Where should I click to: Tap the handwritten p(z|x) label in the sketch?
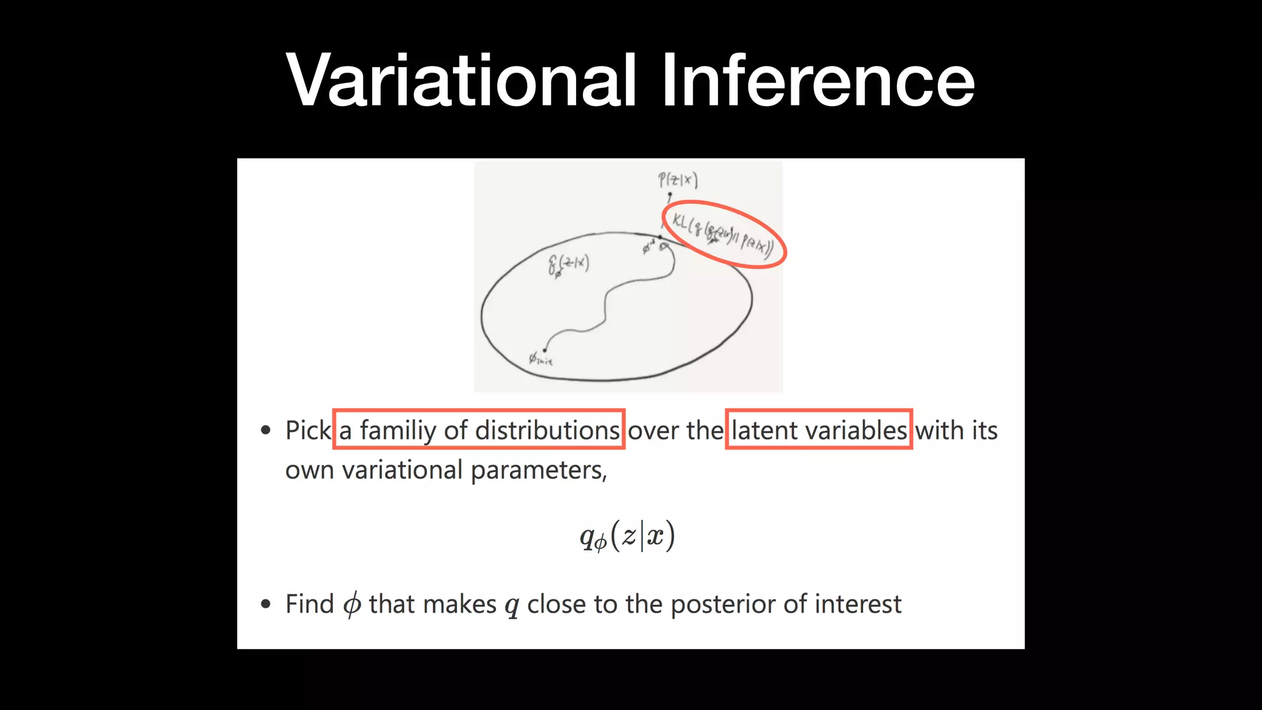tap(677, 180)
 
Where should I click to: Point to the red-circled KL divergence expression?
tap(723, 235)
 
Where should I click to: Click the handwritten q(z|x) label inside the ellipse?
tap(568, 264)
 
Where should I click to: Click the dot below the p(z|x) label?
tap(670, 195)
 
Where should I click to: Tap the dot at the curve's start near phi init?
tap(544, 350)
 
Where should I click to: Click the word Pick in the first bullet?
tap(307, 430)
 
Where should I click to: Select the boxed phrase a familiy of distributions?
tap(479, 430)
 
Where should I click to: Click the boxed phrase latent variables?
tap(818, 430)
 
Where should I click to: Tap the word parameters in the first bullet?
tap(539, 470)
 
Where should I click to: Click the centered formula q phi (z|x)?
tap(627, 536)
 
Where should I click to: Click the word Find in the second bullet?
tap(309, 604)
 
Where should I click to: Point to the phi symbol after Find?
tap(352, 605)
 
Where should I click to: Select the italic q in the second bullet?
tap(511, 606)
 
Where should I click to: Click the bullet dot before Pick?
tap(266, 430)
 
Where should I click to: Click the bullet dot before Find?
tap(266, 604)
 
